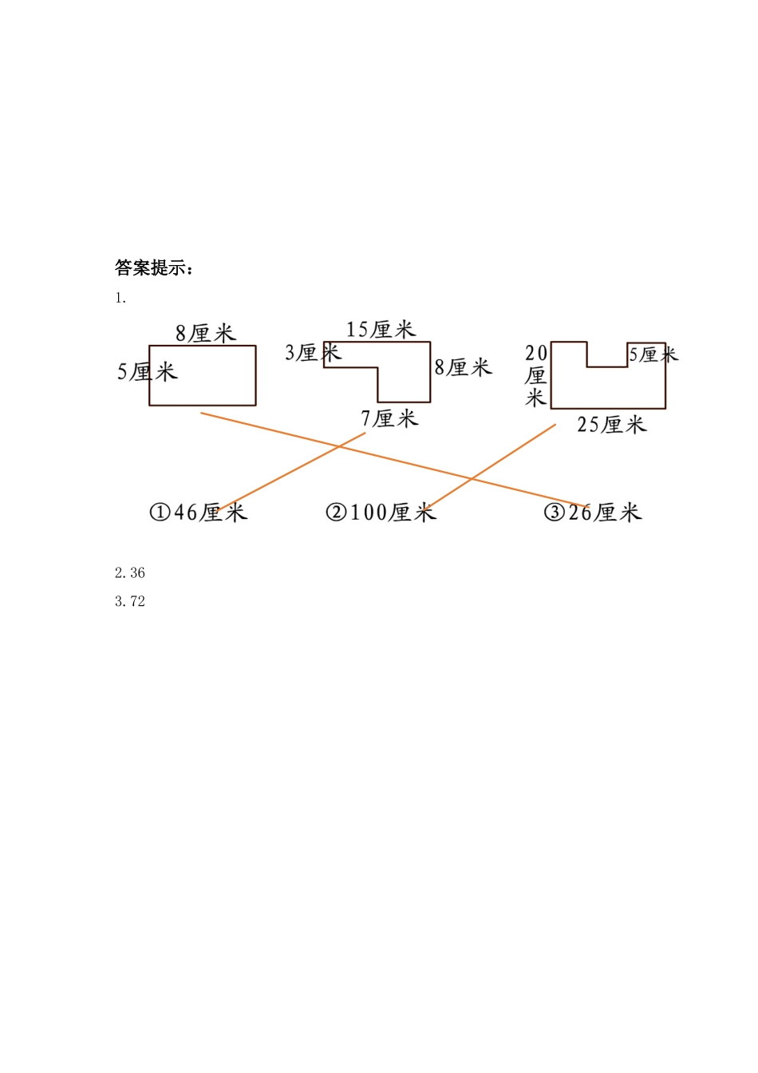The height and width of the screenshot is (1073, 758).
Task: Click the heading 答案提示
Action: point(154,267)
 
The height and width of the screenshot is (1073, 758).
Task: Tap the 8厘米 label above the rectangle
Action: point(206,333)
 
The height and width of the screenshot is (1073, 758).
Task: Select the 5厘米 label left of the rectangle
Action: point(147,371)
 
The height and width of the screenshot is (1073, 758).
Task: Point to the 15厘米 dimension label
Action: point(381,329)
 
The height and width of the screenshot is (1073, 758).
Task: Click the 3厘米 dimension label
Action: point(312,352)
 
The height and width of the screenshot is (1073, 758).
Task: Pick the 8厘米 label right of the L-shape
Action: point(463,367)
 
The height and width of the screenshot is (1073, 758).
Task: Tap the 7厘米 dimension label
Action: point(389,418)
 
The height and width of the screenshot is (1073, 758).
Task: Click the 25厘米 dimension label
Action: point(611,424)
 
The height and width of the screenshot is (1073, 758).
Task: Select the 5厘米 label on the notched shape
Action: point(652,354)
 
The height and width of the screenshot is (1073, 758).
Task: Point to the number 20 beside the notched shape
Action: point(536,353)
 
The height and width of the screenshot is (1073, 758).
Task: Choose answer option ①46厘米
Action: point(199,512)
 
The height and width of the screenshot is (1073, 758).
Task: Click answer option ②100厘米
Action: point(381,512)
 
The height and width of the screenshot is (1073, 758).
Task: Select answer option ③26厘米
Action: point(593,512)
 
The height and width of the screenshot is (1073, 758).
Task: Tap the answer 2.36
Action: point(130,572)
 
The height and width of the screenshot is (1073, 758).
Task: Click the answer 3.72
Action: point(130,601)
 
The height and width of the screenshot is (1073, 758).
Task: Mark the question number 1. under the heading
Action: point(120,298)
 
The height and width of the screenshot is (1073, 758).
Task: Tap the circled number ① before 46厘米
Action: point(160,512)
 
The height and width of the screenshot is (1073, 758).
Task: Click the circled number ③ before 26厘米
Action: point(554,512)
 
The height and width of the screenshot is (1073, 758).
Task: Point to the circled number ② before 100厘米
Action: point(336,512)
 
